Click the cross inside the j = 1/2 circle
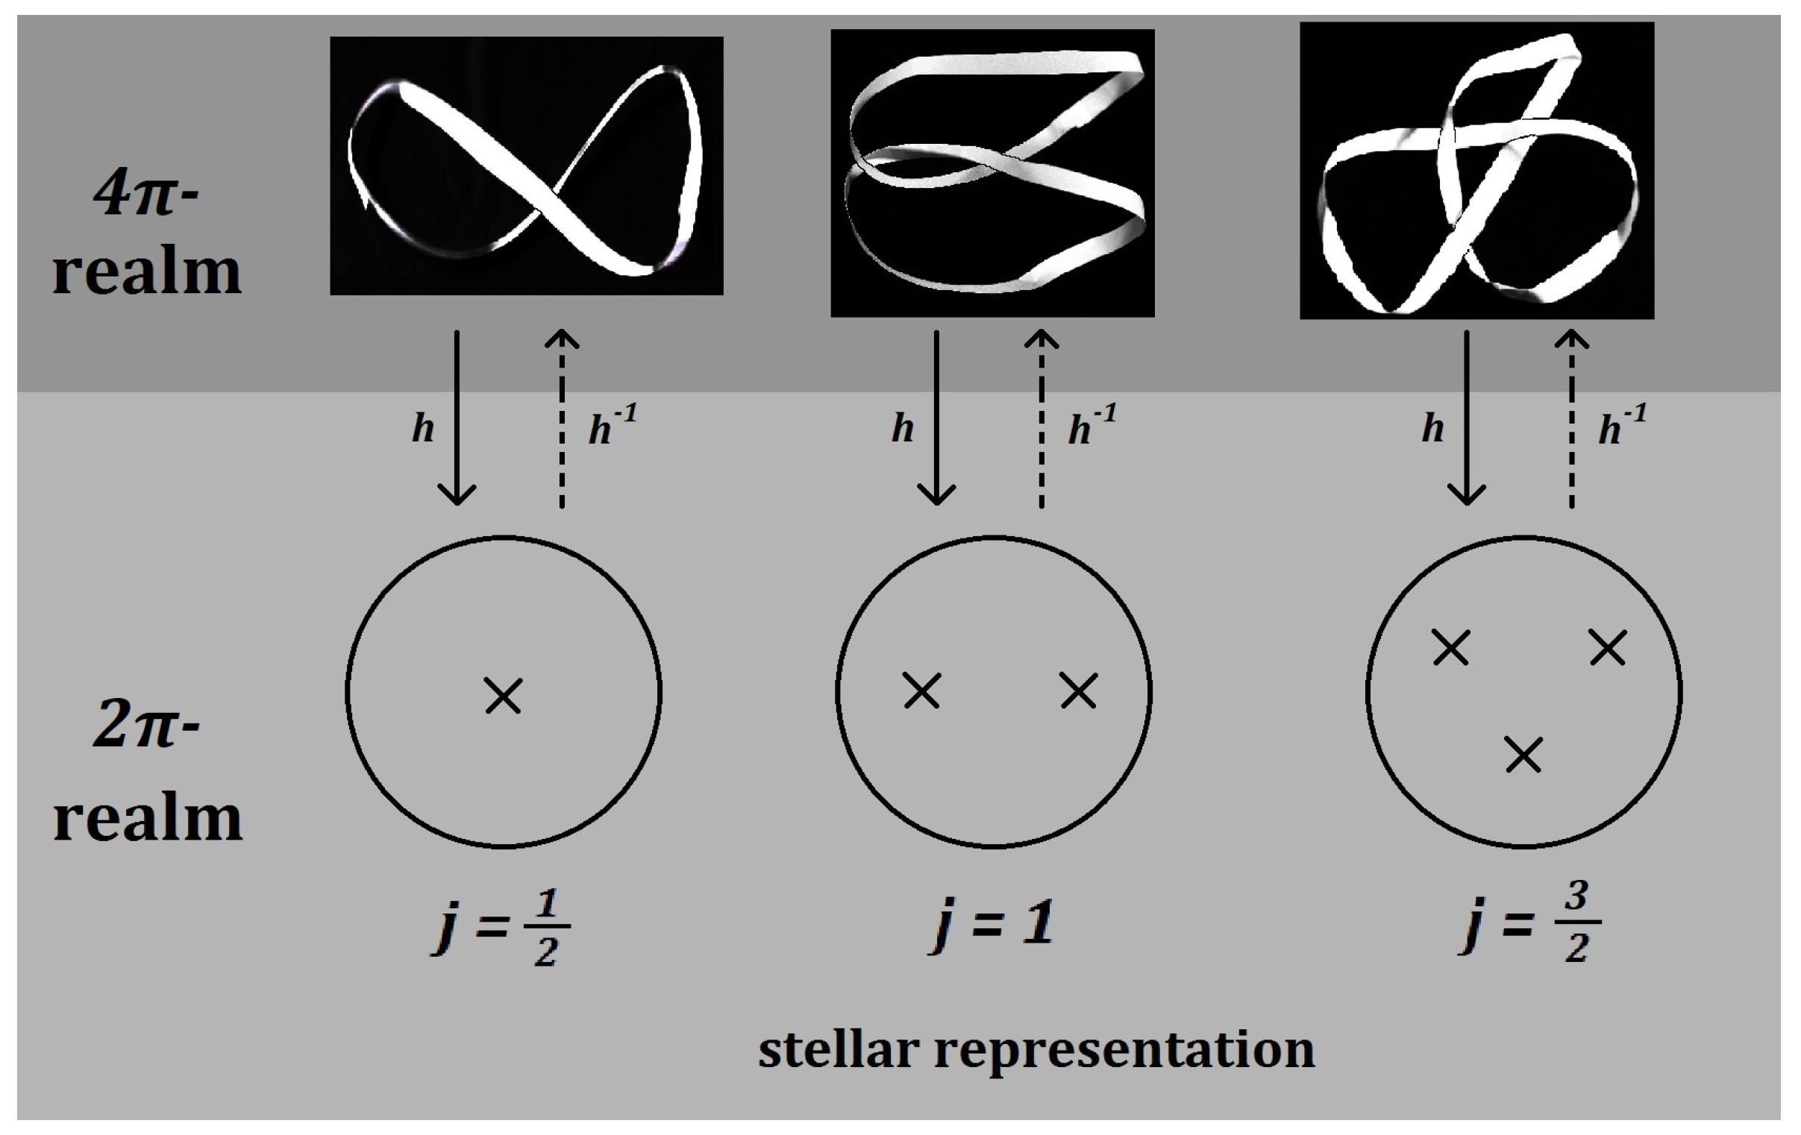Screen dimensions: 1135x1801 [x=504, y=695]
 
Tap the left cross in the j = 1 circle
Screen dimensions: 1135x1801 [x=921, y=690]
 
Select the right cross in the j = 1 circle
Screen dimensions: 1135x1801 [x=1080, y=690]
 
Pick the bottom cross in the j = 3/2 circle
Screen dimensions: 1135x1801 [x=1523, y=755]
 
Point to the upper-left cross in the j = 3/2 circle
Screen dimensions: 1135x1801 [x=1451, y=647]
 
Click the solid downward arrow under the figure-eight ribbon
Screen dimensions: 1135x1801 [x=457, y=418]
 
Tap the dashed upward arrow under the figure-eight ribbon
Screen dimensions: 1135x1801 [x=562, y=418]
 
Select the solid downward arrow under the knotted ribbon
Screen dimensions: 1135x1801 [x=1466, y=418]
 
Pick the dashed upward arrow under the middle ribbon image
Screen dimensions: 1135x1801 [x=1041, y=418]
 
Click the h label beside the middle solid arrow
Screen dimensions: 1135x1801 [x=903, y=429]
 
